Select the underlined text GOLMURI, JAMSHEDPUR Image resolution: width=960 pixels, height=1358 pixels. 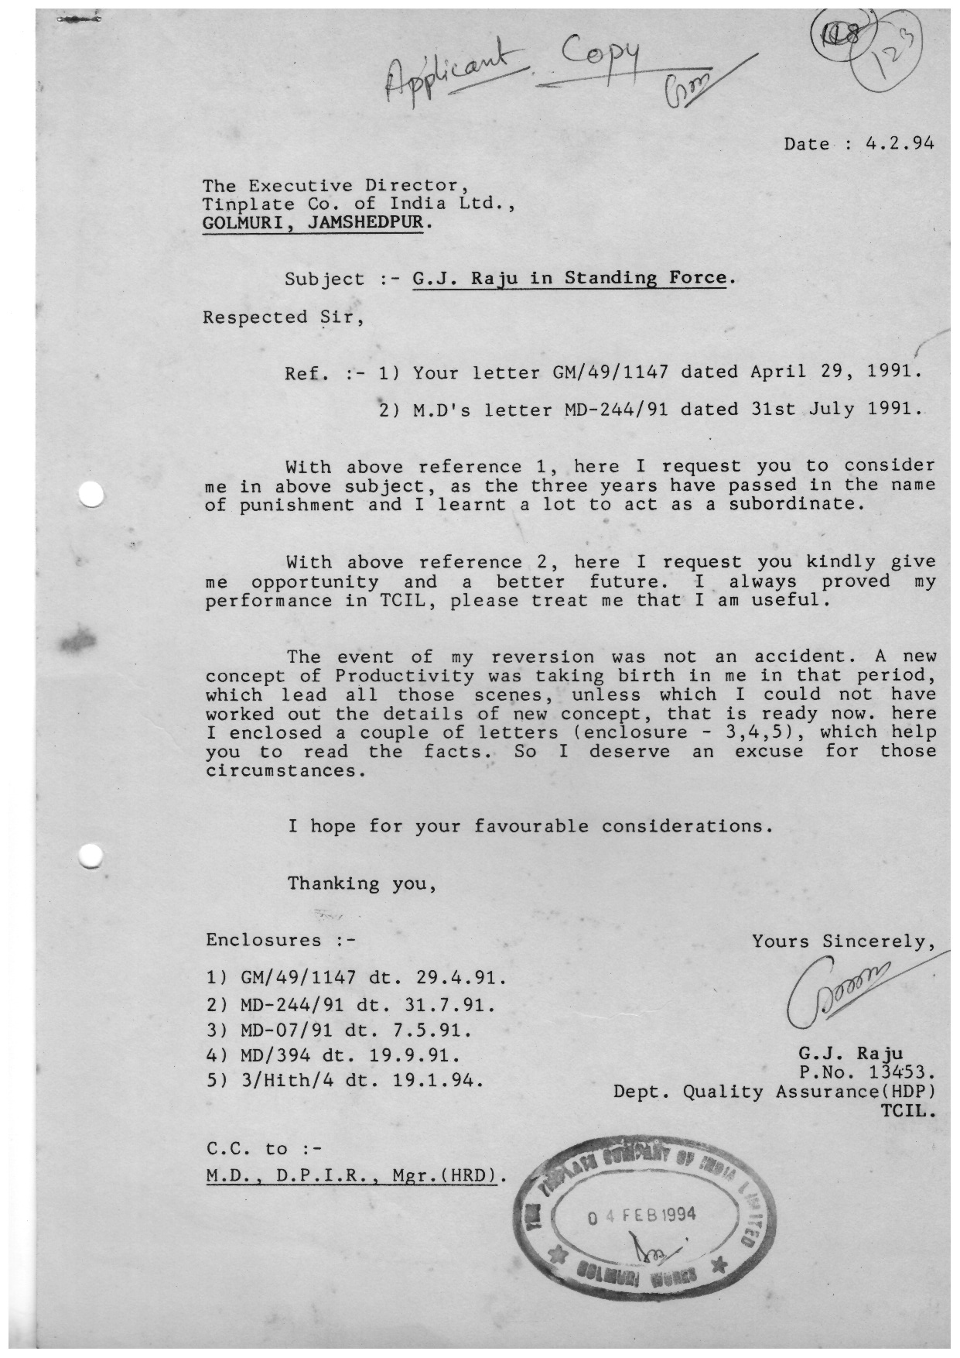[313, 224]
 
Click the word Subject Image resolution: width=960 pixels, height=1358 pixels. [324, 279]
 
